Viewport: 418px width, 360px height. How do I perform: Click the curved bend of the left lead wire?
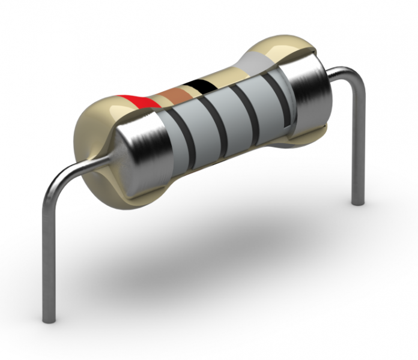60,176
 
